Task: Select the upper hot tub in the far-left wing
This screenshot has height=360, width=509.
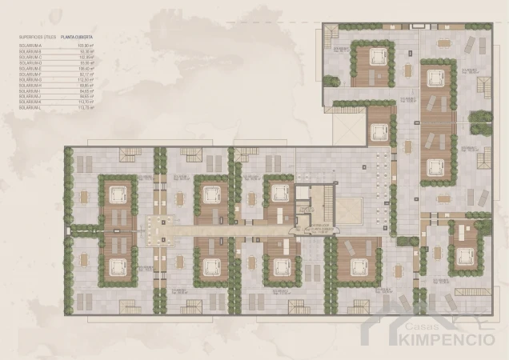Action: point(117,193)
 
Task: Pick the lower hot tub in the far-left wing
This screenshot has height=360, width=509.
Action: point(117,263)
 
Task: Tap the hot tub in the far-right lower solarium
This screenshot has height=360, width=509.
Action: point(464,257)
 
